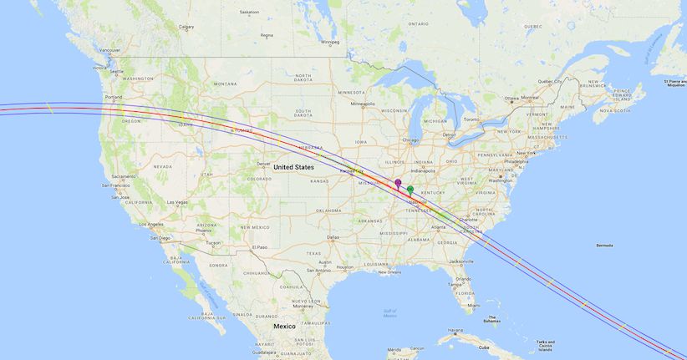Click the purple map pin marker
click(x=398, y=183)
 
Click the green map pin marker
click(x=410, y=190)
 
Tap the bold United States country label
click(x=293, y=167)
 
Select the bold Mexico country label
click(x=284, y=326)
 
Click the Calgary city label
click(x=186, y=27)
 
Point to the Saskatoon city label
click(x=249, y=13)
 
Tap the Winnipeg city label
click(x=330, y=42)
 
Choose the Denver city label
click(x=263, y=164)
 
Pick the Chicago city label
click(x=409, y=139)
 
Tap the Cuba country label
click(x=483, y=347)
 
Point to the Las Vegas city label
click(x=176, y=202)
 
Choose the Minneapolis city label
click(x=363, y=104)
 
